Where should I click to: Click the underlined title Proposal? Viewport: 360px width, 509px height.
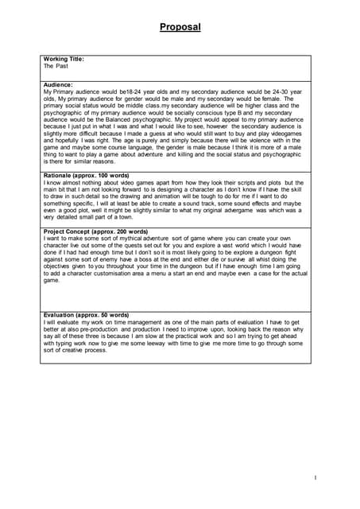180,28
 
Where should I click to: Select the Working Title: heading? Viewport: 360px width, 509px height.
64,60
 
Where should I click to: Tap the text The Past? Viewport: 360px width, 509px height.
56,67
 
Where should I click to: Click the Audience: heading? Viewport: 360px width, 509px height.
58,84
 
